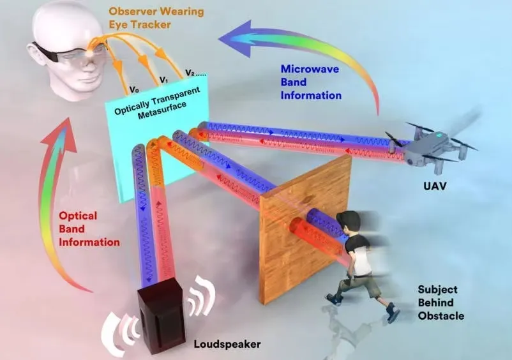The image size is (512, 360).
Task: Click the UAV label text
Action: pos(435,186)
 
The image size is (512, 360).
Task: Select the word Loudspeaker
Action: pos(227,344)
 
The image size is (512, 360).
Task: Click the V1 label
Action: pos(163,80)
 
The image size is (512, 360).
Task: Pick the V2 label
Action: pos(190,73)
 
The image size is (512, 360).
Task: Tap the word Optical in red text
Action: pos(78,216)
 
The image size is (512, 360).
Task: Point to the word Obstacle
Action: pos(440,316)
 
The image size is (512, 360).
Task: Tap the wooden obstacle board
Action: pos(305,229)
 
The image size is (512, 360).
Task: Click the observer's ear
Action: pos(35,53)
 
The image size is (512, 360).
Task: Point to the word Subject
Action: pos(438,290)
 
